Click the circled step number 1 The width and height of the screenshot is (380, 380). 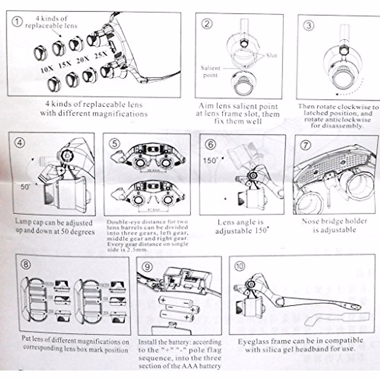pyautogui.click(x=17, y=22)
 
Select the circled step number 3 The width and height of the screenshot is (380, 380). pyautogui.click(x=309, y=25)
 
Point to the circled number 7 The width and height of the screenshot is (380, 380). pyautogui.click(x=306, y=145)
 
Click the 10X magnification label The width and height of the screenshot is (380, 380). pyautogui.click(x=47, y=68)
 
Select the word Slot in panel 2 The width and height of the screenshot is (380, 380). pyautogui.click(x=271, y=56)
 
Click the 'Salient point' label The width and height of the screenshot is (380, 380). pyautogui.click(x=210, y=72)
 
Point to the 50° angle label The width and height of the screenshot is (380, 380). pyautogui.click(x=25, y=187)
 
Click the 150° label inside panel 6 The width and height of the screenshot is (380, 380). pyautogui.click(x=211, y=160)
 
